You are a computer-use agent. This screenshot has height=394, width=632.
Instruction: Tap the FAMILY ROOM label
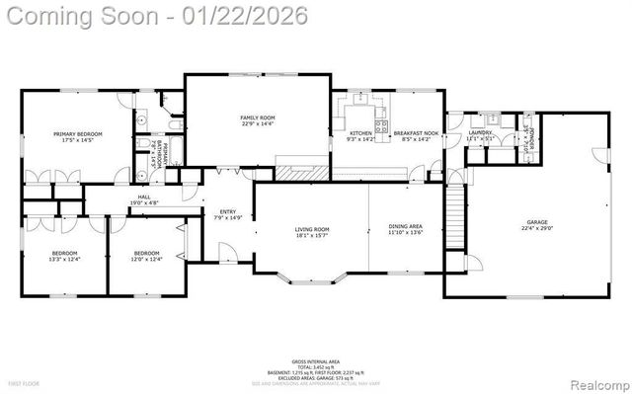pyautogui.click(x=258, y=118)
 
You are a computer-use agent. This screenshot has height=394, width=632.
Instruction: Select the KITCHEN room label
pyautogui.click(x=359, y=132)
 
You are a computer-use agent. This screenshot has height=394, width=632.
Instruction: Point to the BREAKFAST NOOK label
pyautogui.click(x=414, y=132)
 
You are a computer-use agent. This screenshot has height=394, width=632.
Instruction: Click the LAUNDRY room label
pyautogui.click(x=481, y=132)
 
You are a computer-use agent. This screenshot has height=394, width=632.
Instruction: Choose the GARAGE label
pyautogui.click(x=536, y=222)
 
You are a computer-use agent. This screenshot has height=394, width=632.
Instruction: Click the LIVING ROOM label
pyautogui.click(x=312, y=229)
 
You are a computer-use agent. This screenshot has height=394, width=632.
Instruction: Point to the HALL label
pyautogui.click(x=144, y=197)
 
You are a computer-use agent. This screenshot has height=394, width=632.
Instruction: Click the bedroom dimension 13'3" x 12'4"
pyautogui.click(x=63, y=259)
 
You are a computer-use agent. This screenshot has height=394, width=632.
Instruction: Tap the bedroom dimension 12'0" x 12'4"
pyautogui.click(x=146, y=259)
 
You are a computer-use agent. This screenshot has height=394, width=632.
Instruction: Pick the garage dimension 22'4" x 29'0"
pyautogui.click(x=536, y=229)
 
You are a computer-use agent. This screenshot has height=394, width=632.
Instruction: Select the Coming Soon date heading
pyautogui.click(x=155, y=17)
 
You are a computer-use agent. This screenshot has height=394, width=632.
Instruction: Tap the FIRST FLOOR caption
pyautogui.click(x=24, y=382)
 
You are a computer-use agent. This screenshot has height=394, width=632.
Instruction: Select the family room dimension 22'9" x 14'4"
pyautogui.click(x=258, y=124)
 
